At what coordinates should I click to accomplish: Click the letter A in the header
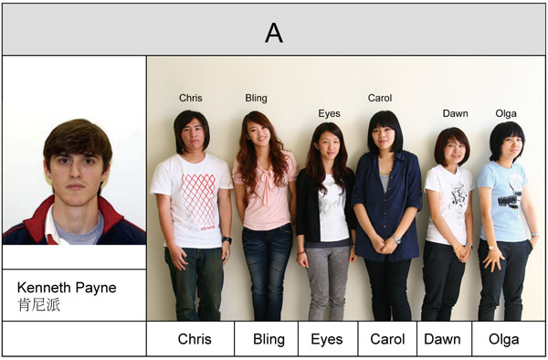pyautogui.click(x=274, y=33)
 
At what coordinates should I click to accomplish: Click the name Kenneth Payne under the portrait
pyautogui.click(x=67, y=288)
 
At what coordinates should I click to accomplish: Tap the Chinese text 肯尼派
pyautogui.click(x=38, y=305)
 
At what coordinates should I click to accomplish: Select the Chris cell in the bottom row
pyautogui.click(x=195, y=339)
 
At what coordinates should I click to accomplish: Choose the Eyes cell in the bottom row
pyautogui.click(x=326, y=339)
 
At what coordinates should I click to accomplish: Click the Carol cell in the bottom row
pyautogui.click(x=387, y=339)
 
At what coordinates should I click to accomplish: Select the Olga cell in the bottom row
pyautogui.click(x=502, y=339)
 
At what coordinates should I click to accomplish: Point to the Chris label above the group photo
pyautogui.click(x=191, y=98)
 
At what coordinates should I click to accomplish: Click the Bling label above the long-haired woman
pyautogui.click(x=257, y=98)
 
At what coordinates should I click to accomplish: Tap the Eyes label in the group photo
pyautogui.click(x=329, y=113)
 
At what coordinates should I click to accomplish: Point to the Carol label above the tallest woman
pyautogui.click(x=380, y=98)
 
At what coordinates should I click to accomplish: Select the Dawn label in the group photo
pyautogui.click(x=455, y=113)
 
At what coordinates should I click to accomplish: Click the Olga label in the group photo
pyautogui.click(x=506, y=113)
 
